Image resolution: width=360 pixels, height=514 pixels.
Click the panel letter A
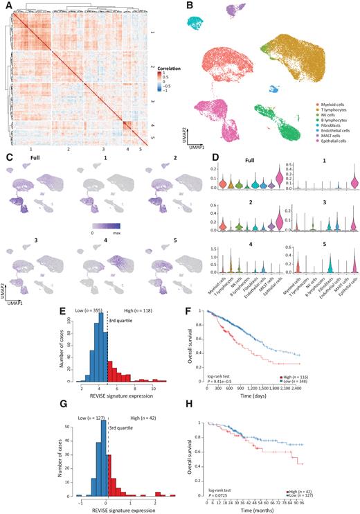pyautogui.click(x=6, y=6)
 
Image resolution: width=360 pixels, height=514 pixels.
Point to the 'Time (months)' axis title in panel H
pyautogui.click(x=273, y=511)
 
